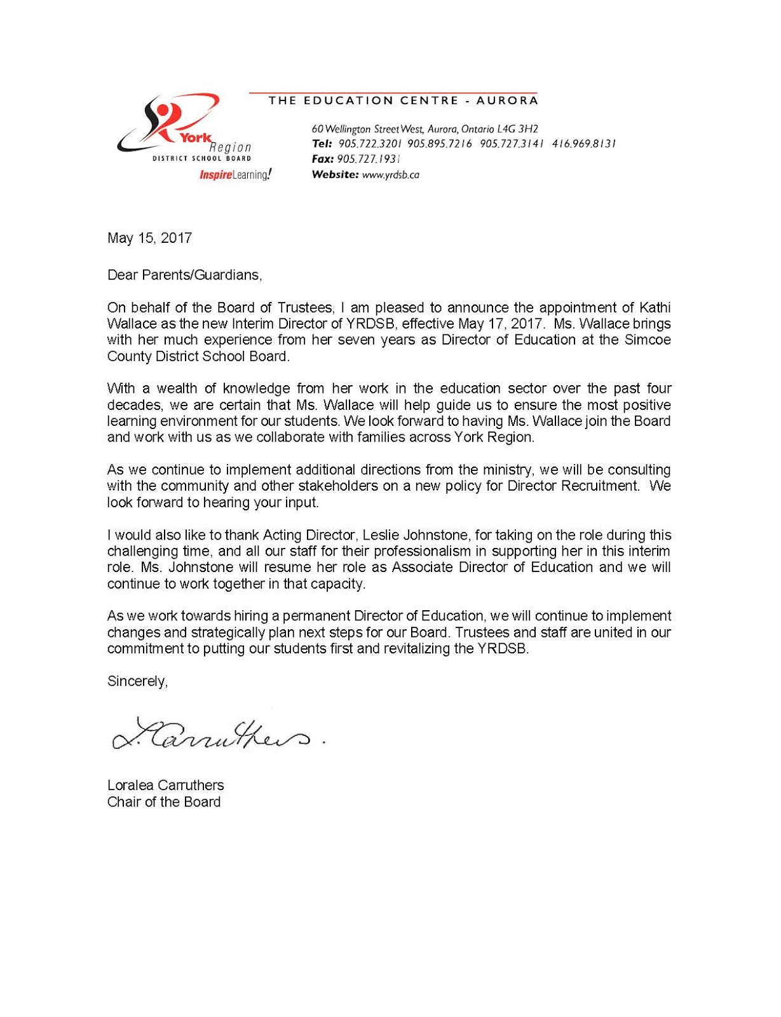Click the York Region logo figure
tap(166, 122)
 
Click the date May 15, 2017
tap(149, 238)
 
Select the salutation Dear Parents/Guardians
tap(184, 275)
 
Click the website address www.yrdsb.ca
tap(390, 175)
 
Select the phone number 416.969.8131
tap(584, 144)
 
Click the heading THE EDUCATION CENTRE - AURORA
tap(403, 100)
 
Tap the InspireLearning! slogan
tap(235, 175)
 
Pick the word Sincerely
tap(137, 681)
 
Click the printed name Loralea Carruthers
tap(165, 786)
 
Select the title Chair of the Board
tap(164, 802)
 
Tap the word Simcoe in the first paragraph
tap(648, 340)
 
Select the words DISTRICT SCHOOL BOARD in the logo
tap(201, 159)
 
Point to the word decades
tap(130, 405)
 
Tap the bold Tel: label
tap(322, 144)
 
